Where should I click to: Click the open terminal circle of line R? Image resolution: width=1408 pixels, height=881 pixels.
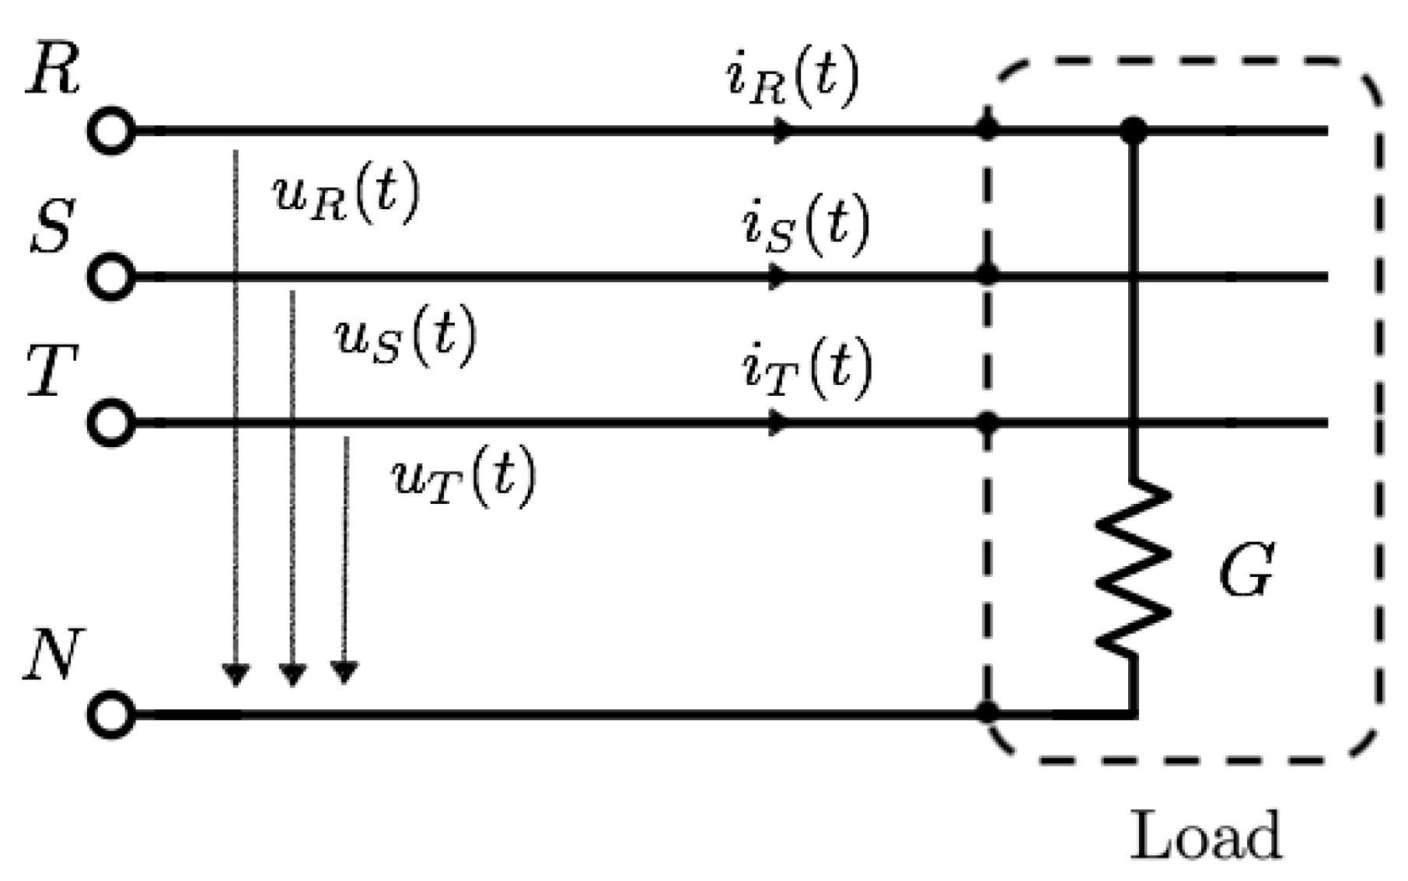(x=112, y=131)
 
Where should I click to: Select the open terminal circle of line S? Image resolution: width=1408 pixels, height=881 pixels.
(x=112, y=276)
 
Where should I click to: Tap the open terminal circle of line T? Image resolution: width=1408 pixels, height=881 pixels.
(x=112, y=423)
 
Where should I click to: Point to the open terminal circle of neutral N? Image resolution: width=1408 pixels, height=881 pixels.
(x=112, y=713)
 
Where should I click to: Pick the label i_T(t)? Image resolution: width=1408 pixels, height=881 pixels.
(x=806, y=371)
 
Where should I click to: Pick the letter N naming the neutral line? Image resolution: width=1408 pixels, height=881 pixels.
(x=51, y=655)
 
